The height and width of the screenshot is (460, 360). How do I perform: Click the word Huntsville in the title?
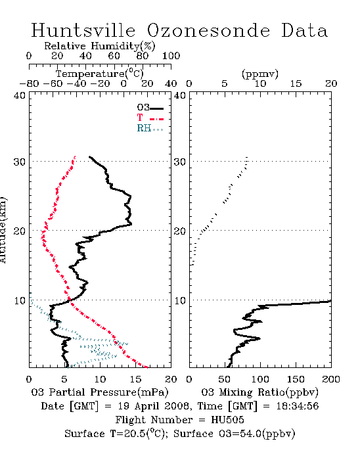click(83, 30)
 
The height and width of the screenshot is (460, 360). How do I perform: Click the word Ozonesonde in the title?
click(208, 30)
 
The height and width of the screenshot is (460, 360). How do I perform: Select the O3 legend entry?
click(150, 108)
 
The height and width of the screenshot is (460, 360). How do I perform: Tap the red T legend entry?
click(150, 118)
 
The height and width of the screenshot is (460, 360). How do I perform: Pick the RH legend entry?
click(150, 128)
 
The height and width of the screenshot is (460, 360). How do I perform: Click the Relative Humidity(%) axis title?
click(100, 46)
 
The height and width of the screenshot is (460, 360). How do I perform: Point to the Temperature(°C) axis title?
click(100, 74)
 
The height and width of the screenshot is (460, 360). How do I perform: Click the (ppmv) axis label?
click(260, 74)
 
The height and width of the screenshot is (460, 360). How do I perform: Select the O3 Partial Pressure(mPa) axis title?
click(100, 392)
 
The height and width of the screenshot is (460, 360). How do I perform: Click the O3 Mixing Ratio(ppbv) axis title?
click(259, 392)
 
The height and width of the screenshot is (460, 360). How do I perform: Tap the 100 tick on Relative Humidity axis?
click(171, 56)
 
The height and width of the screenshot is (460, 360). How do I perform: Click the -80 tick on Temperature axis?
click(29, 83)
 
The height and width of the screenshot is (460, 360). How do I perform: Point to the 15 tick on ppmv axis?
click(296, 83)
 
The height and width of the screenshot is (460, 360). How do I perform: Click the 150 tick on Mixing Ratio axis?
click(296, 379)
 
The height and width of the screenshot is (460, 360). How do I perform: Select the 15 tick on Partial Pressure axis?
click(135, 379)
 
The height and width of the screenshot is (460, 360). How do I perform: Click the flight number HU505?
click(227, 420)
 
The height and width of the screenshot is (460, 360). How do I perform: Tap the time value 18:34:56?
click(298, 406)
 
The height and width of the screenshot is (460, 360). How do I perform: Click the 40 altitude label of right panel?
click(180, 95)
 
